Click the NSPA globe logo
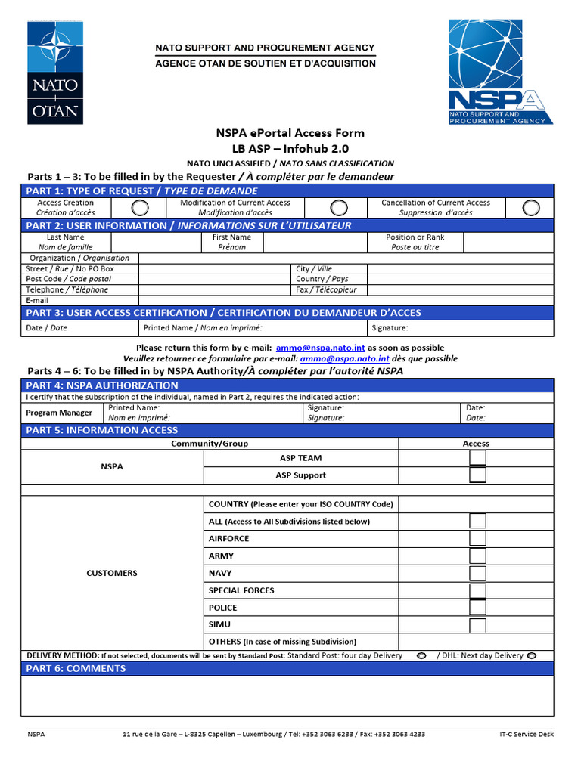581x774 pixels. pyautogui.click(x=500, y=72)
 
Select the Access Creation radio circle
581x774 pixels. pyautogui.click(x=140, y=208)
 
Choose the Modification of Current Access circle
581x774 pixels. pyautogui.click(x=340, y=208)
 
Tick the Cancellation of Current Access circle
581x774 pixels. pyautogui.click(x=531, y=208)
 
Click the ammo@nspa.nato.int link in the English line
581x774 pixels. pyautogui.click(x=320, y=348)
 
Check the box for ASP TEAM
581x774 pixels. pyautogui.click(x=477, y=458)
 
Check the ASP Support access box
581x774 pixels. pyautogui.click(x=477, y=475)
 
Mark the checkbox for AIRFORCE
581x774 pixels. pyautogui.click(x=477, y=539)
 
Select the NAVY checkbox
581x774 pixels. pyautogui.click(x=477, y=574)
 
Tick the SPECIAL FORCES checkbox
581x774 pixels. pyautogui.click(x=477, y=591)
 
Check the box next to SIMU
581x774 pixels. pyautogui.click(x=477, y=625)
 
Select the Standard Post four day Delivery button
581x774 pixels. pyautogui.click(x=421, y=655)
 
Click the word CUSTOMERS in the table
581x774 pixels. pyautogui.click(x=112, y=573)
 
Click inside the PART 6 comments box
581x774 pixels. pyautogui.click(x=287, y=695)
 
